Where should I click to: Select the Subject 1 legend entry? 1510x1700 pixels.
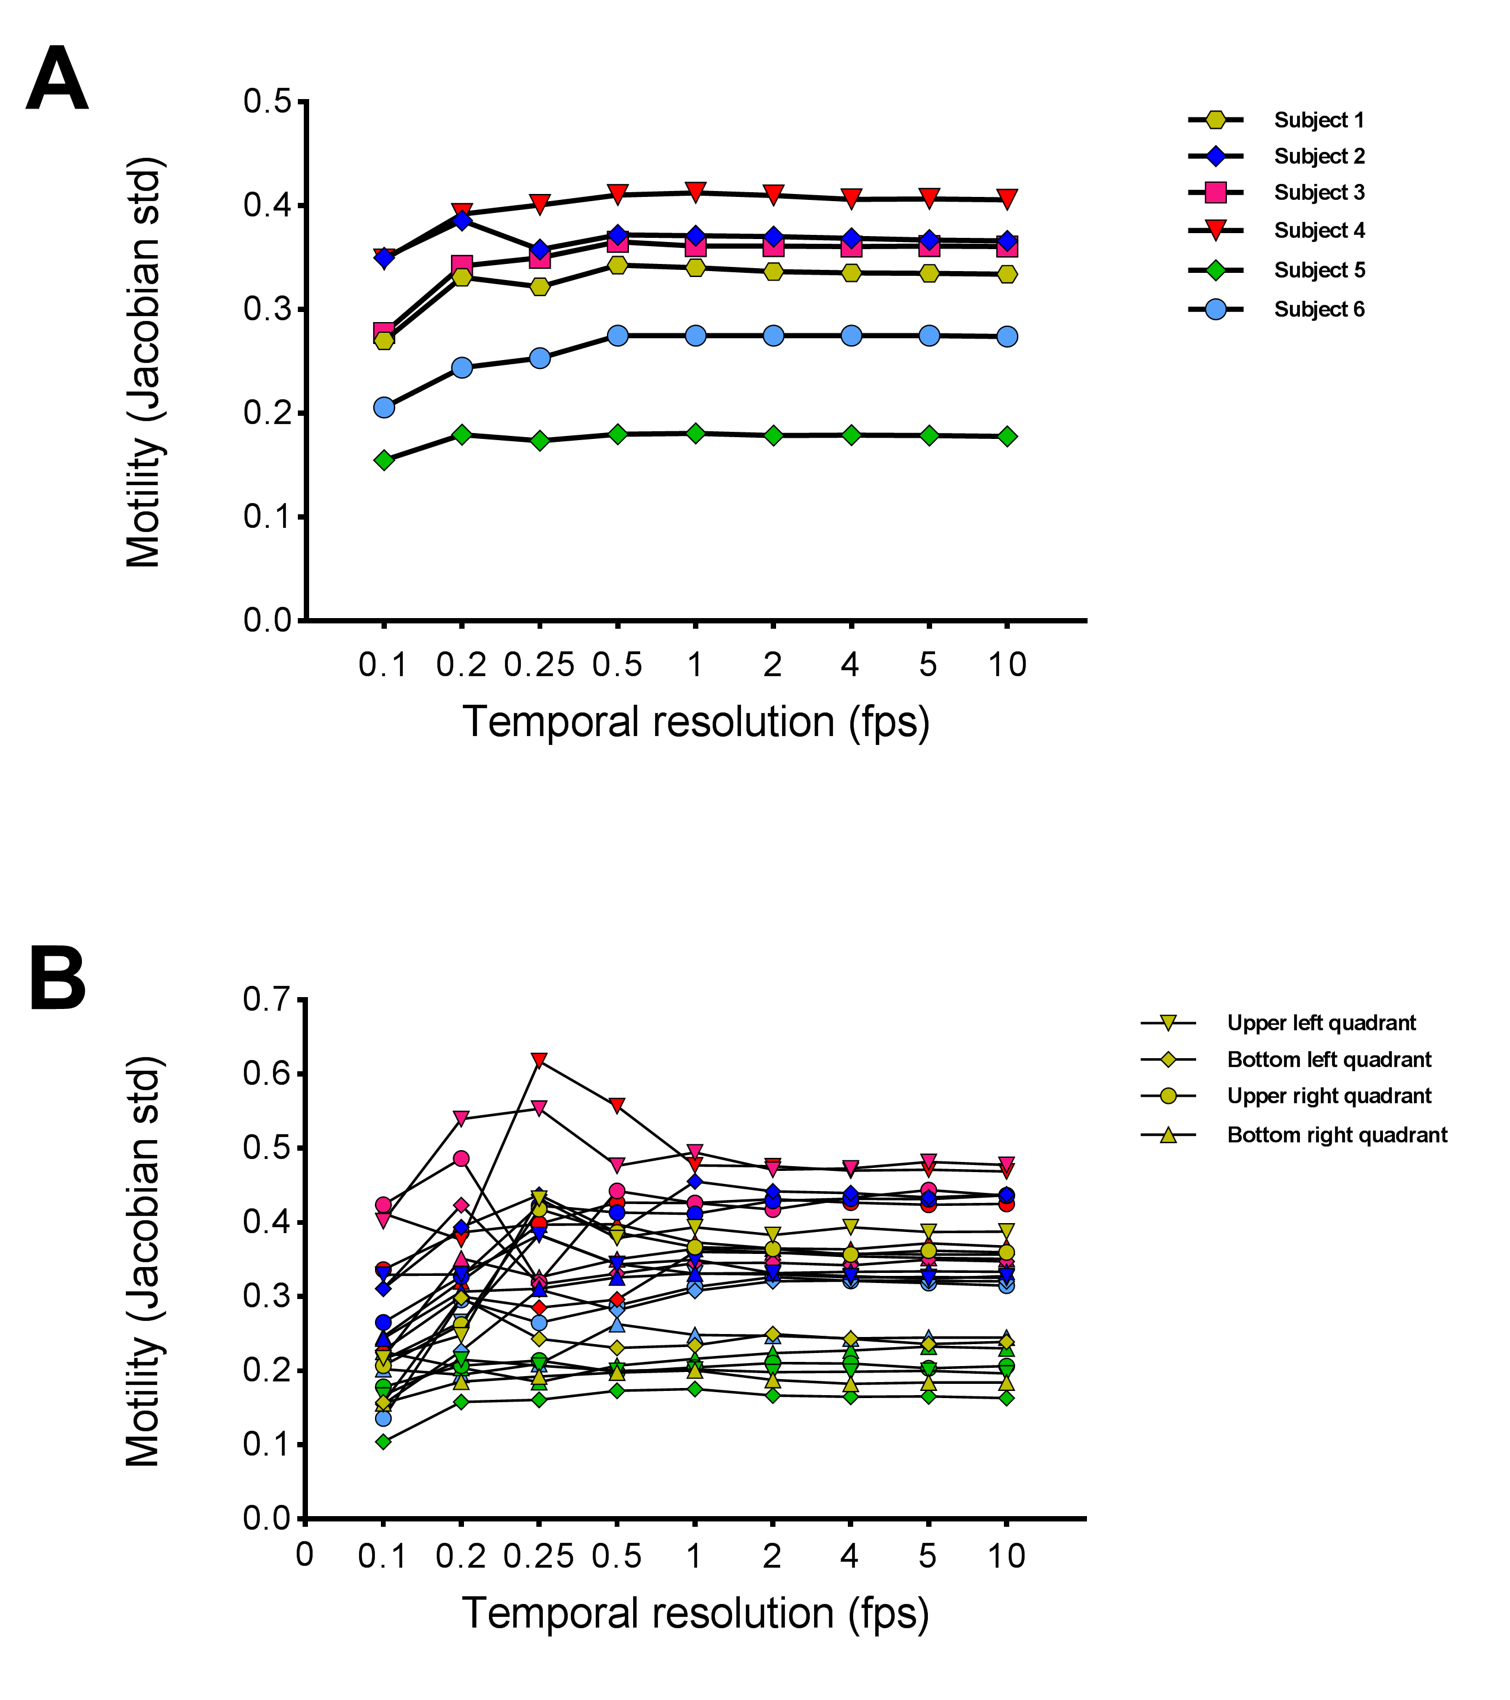coord(1318,120)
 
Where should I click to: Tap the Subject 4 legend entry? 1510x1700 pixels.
coord(1318,230)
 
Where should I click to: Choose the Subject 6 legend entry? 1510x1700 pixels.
coord(1318,310)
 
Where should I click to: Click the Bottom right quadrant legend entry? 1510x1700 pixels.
coord(1336,1135)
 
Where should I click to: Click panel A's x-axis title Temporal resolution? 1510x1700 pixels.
coord(695,722)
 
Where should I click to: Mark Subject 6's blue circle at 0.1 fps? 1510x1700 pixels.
coord(383,408)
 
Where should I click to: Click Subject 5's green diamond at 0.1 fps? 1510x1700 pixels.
coord(383,460)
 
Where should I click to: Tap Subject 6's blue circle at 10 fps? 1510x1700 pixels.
coord(1007,336)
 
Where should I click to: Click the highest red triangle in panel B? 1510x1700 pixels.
coord(539,1061)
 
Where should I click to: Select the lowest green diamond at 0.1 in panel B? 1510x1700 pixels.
coord(383,1442)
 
